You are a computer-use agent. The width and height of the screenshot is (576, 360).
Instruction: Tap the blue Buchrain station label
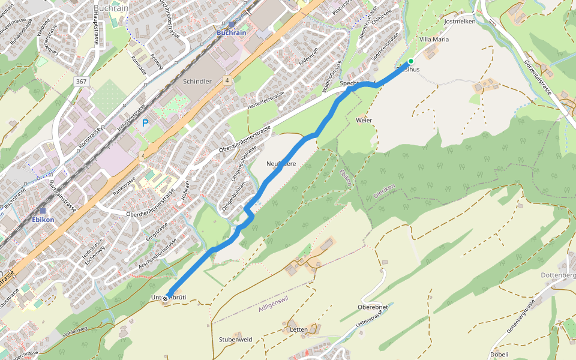232,32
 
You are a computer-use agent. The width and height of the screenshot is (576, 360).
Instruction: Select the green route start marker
411,61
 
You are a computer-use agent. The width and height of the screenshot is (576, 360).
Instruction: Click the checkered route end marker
165,297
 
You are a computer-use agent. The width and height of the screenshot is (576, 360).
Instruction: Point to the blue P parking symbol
145,123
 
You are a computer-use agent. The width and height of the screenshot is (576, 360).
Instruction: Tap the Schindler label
197,81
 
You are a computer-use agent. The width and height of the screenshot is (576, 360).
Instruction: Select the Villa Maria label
433,39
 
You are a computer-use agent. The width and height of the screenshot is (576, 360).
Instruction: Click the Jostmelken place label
460,21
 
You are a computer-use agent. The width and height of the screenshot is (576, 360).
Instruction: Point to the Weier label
364,120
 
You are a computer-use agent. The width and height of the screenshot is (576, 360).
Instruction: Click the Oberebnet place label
373,307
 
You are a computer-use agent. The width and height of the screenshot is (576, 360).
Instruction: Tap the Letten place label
298,329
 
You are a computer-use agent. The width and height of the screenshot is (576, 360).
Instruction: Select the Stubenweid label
235,339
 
